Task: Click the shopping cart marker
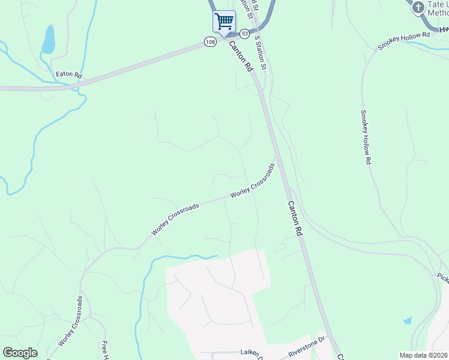click(x=224, y=22)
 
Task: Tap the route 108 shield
click(x=209, y=42)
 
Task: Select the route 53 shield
click(x=245, y=34)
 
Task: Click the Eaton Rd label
click(x=68, y=74)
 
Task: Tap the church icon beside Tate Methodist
click(x=418, y=8)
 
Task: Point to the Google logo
click(x=20, y=352)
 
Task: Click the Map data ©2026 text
click(x=423, y=355)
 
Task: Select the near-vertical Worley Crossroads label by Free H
click(x=70, y=321)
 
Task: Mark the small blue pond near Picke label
click(x=408, y=320)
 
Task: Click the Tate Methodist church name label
click(x=438, y=8)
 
